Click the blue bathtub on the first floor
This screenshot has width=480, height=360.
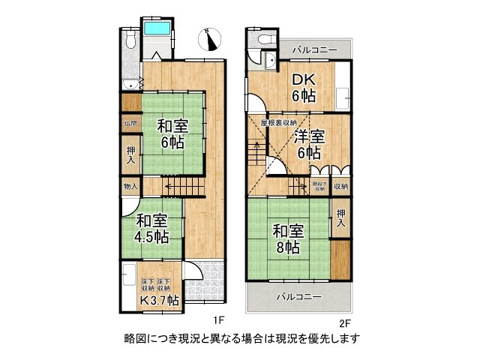pyautogui.click(x=159, y=31)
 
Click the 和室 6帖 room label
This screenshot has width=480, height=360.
pyautogui.click(x=172, y=133)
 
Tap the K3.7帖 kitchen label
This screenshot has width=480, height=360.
pyautogui.click(x=160, y=301)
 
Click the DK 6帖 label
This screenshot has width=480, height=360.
pyautogui.click(x=304, y=88)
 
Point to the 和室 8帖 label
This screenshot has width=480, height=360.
pyautogui.click(x=286, y=238)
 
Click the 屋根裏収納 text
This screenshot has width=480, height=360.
pyautogui.click(x=278, y=122)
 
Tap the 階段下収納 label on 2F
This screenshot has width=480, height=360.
pyautogui.click(x=319, y=185)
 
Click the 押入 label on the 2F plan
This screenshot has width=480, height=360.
pyautogui.click(x=341, y=219)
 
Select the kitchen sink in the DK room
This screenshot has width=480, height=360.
pyautogui.click(x=343, y=96)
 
